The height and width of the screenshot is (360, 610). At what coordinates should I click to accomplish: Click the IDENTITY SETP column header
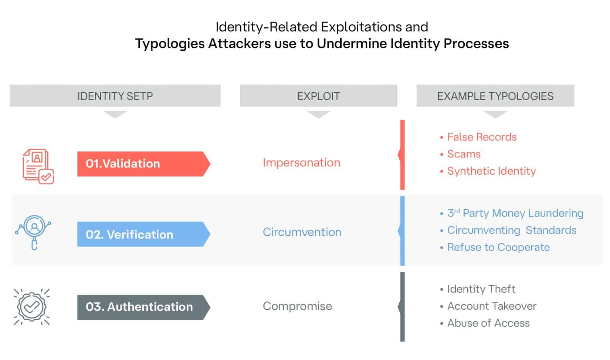click(x=115, y=96)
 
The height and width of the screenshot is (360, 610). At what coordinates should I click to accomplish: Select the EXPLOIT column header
click(x=318, y=96)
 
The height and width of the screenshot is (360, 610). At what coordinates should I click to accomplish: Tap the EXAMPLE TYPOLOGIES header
click(x=495, y=96)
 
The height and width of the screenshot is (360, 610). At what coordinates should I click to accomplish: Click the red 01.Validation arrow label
click(x=143, y=164)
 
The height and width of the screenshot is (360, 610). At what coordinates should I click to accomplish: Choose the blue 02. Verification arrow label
click(x=143, y=234)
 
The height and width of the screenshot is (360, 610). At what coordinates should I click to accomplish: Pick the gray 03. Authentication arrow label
click(x=143, y=307)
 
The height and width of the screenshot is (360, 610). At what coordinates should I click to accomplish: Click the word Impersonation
click(x=301, y=162)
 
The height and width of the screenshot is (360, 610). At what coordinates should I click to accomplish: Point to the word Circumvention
click(x=302, y=232)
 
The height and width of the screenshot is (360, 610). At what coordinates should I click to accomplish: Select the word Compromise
click(x=297, y=306)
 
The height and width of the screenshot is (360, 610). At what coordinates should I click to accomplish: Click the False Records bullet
click(x=481, y=137)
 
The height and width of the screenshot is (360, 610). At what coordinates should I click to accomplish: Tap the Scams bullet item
click(x=464, y=154)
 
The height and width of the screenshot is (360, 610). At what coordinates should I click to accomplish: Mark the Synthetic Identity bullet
click(x=491, y=171)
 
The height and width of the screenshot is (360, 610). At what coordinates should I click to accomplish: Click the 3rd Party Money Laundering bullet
click(x=515, y=213)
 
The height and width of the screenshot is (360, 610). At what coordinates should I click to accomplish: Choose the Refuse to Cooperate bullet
click(x=498, y=247)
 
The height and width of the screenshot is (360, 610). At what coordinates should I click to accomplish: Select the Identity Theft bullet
click(x=481, y=289)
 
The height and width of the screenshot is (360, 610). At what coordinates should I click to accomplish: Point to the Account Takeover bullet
click(x=492, y=306)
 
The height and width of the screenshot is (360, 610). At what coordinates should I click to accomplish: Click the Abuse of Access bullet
click(x=488, y=323)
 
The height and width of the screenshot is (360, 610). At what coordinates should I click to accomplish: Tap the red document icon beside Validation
click(x=38, y=166)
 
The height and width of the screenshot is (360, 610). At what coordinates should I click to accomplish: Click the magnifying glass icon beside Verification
click(x=34, y=231)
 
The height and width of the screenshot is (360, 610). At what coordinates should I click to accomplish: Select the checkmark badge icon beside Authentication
click(x=32, y=307)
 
